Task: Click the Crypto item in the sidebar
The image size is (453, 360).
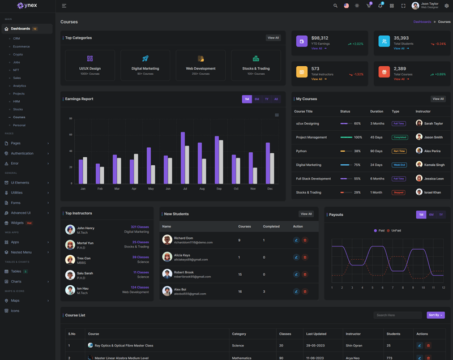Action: [x=18, y=54]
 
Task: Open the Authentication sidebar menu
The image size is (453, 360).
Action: [x=22, y=153]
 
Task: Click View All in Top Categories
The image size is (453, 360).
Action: [x=273, y=38]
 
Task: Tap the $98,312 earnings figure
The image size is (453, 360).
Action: [x=320, y=38]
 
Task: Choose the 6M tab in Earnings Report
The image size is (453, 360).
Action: [x=257, y=99]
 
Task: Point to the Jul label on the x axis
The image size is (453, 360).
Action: [x=185, y=188]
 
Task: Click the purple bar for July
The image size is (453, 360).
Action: [x=183, y=157]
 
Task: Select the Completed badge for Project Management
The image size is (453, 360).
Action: [x=400, y=137]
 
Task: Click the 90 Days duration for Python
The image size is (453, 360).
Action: [x=377, y=151]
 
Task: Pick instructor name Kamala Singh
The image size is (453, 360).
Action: [x=434, y=165]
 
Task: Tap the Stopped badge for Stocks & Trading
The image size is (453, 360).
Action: [x=399, y=192]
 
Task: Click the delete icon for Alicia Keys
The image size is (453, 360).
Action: [x=305, y=257]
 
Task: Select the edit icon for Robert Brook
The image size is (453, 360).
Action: [x=296, y=275]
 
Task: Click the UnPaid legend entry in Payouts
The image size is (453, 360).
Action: [x=394, y=230]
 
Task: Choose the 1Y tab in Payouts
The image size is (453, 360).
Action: [x=441, y=215]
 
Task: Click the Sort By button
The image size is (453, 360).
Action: [x=435, y=315]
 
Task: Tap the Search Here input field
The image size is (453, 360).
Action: [x=398, y=315]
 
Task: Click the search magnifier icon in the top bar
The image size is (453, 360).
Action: [x=335, y=6]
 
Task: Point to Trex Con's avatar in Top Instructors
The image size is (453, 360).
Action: [x=70, y=260]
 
